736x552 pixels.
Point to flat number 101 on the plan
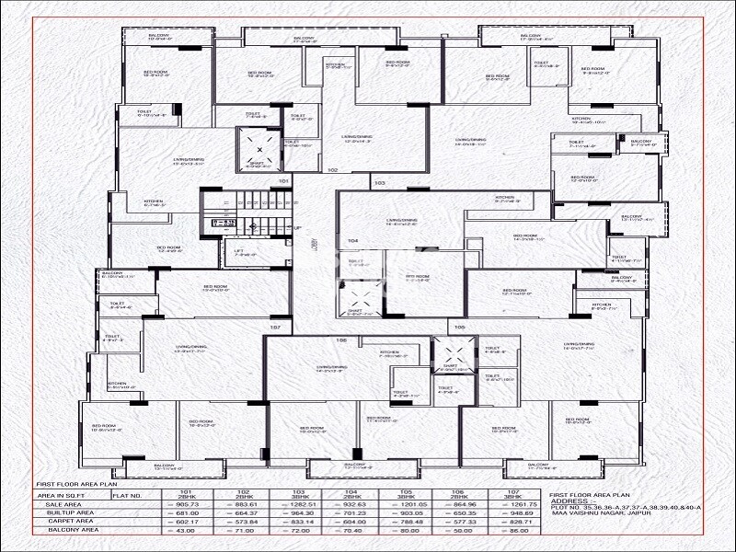284,181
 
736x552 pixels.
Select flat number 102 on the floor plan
332,169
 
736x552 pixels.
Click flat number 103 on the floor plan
380,183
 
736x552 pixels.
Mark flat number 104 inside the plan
352,240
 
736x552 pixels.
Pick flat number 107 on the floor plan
274,328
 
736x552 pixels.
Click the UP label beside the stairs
297,227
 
